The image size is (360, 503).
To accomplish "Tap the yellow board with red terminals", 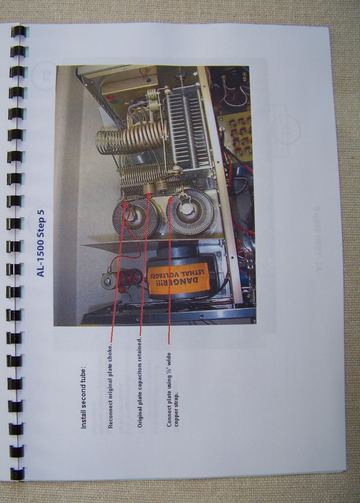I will pos(234,136).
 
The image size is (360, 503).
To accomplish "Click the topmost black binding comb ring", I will pos(18,31).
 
